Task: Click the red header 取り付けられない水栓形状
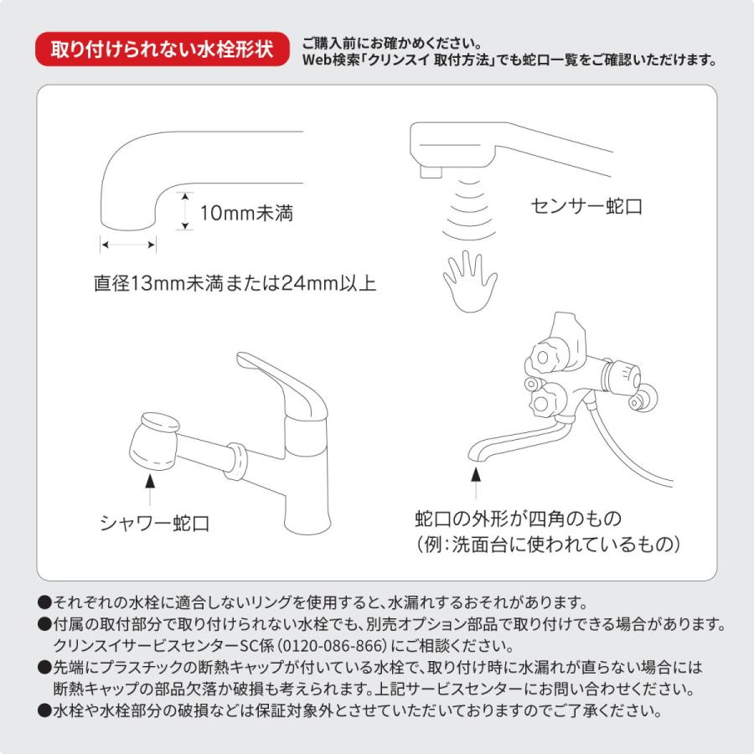162,49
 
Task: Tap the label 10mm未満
245,214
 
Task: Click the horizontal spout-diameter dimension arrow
128,245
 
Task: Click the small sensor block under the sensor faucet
431,171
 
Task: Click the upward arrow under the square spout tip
475,483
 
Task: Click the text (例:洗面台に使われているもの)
548,544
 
